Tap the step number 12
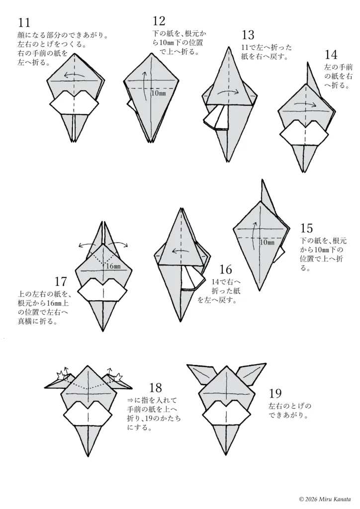(x=159, y=20)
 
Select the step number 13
(x=248, y=35)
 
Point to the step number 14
(x=331, y=54)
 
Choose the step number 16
(x=225, y=269)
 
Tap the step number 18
(x=155, y=387)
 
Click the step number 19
(x=274, y=394)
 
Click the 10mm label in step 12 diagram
(x=159, y=93)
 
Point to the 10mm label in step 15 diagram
(x=267, y=242)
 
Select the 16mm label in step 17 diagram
(x=113, y=266)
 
